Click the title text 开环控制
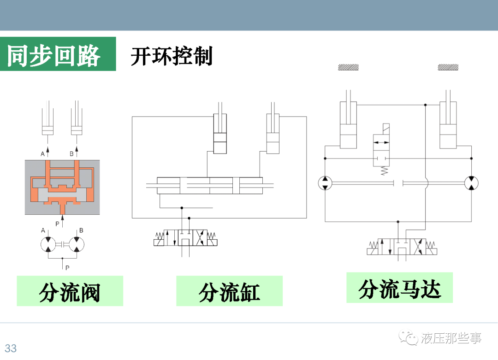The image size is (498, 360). tap(171, 57)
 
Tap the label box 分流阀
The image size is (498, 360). tap(70, 291)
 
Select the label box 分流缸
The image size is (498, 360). tap(229, 291)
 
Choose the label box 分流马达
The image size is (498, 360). tap(399, 288)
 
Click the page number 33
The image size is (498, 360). tap(11, 348)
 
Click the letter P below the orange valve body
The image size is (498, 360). tap(58, 224)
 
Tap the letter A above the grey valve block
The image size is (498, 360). tap(43, 153)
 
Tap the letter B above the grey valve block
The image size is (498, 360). tap(71, 153)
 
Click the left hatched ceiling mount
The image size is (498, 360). tap(348, 67)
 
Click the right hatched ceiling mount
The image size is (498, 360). tap(448, 67)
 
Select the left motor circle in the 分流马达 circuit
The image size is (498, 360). tap(325, 183)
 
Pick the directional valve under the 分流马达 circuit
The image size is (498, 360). tap(402, 247)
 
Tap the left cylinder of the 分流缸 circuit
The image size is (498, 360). tap(220, 134)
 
